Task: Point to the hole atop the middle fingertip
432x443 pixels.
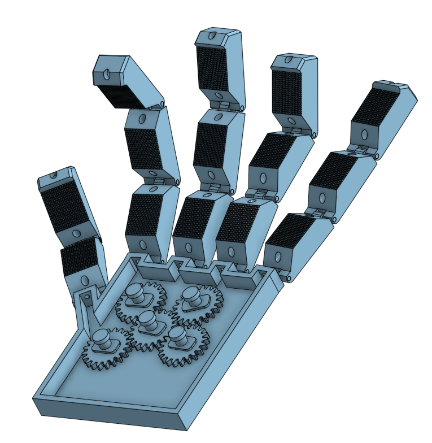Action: (212, 36)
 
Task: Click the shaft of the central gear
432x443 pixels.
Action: (148, 320)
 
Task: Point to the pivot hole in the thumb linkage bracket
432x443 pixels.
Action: (87, 297)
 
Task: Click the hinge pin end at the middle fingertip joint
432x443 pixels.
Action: (243, 107)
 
